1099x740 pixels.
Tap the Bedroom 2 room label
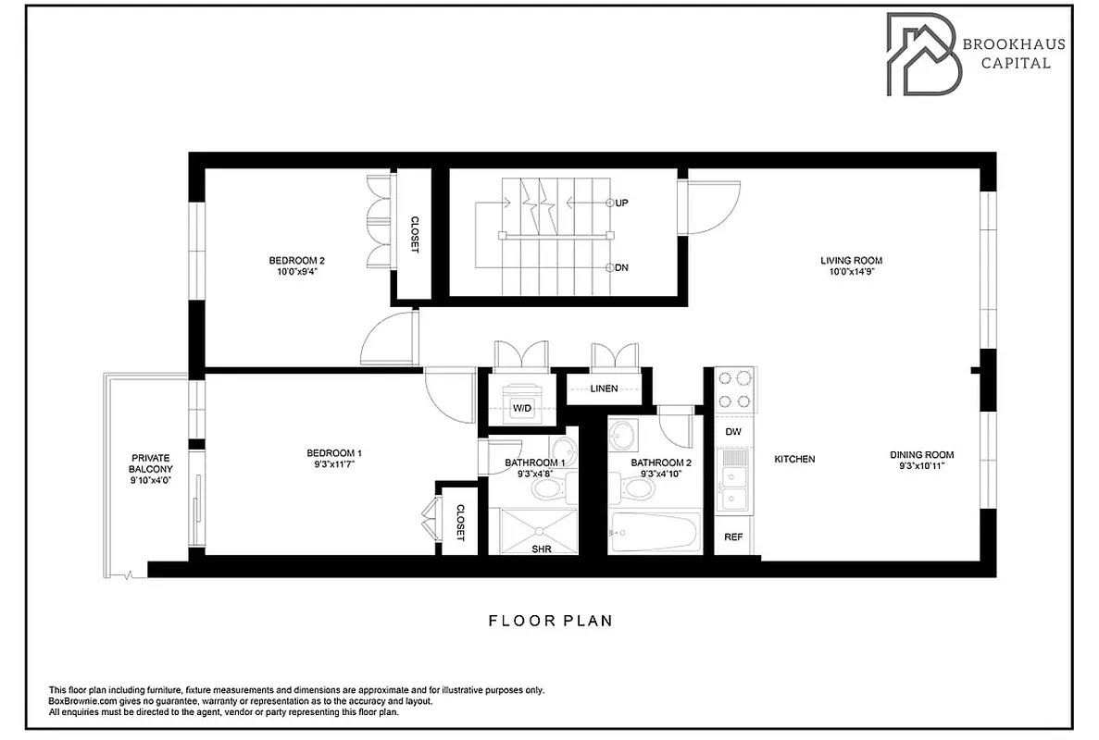(296, 260)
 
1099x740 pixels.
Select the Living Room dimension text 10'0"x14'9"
(851, 273)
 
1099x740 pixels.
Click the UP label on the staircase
(622, 202)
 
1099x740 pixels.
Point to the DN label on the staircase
(622, 268)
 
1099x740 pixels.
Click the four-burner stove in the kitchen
(733, 389)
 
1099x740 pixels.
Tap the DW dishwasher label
(732, 432)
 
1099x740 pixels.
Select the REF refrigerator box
(732, 536)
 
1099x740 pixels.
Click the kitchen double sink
(734, 487)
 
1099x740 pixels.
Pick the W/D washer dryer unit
(522, 403)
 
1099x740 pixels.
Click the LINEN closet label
(604, 388)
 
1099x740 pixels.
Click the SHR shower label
(543, 549)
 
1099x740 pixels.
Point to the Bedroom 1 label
(333, 452)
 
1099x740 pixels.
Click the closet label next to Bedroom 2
(414, 235)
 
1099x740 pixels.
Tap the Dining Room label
(921, 454)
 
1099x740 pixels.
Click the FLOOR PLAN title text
(550, 621)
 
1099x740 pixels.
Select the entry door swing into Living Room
(708, 208)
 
